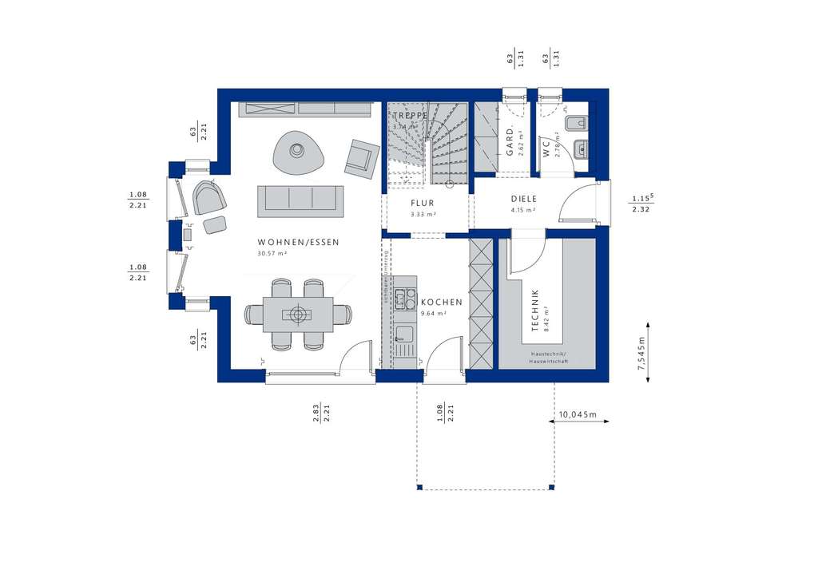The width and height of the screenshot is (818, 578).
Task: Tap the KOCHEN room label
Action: pos(442,303)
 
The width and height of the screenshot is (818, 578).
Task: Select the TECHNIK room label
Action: pos(536,311)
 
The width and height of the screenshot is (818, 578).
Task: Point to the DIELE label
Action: pos(524,200)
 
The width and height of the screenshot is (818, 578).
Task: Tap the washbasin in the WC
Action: pos(581,147)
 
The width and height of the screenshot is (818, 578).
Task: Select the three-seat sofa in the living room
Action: pos(300,200)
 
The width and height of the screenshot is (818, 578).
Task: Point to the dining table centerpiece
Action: pos(298,314)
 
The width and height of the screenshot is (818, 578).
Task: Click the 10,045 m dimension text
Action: pos(578,414)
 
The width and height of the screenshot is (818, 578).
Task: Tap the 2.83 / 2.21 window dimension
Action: pos(322,414)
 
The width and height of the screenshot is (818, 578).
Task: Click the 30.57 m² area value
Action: pos(272,253)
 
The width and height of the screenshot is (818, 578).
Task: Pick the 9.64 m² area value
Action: pos(433,314)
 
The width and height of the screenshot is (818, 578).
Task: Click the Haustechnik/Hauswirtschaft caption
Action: pos(547,358)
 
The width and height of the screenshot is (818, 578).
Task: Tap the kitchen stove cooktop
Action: pos(404,299)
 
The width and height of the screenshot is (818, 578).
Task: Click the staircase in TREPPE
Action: pos(431,144)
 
